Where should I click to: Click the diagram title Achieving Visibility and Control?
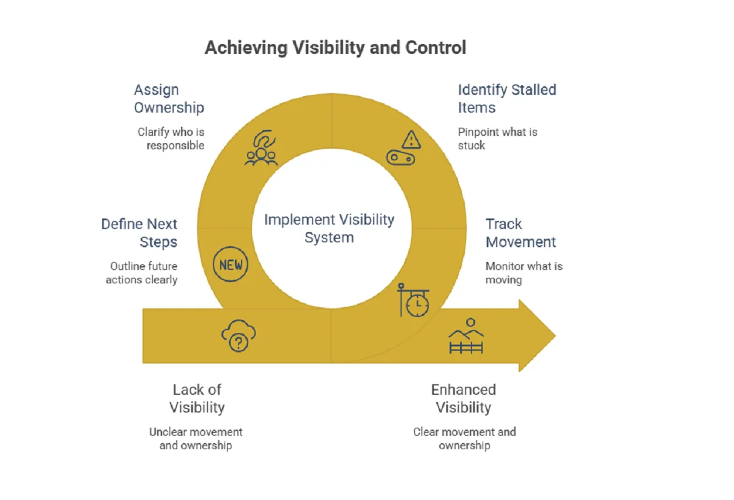pos(335,48)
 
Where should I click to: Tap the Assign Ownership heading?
pos(169,99)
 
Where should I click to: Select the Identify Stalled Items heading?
pos(507,99)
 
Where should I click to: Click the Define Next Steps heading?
pos(139,233)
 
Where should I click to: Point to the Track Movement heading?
pos(521,233)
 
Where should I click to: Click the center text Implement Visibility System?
pos(329,228)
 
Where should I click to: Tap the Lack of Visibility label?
pos(197,398)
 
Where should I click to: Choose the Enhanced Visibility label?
pos(464,398)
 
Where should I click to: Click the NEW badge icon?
pos(231,264)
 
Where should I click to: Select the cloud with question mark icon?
pos(239,336)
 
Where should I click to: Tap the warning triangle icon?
pos(411,140)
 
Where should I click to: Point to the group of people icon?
pos(261,148)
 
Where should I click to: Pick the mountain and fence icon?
pos(466,336)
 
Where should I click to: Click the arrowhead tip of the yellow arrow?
pos(556,335)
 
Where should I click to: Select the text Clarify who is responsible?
pos(171,139)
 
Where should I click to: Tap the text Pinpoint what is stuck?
pos(497,139)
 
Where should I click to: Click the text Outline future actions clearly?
pos(141,273)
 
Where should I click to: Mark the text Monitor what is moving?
pos(524,273)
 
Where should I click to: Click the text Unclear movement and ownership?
pos(196,439)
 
